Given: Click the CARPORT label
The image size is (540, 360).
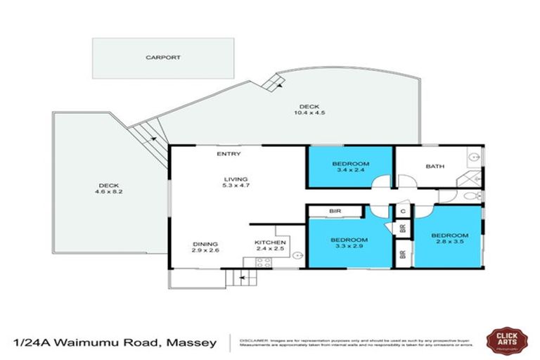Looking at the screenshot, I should click(163, 58).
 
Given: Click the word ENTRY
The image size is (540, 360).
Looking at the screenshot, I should click(229, 154).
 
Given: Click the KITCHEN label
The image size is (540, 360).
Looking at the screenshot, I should click(270, 243).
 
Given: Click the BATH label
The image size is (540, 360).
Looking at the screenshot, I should click(435, 167).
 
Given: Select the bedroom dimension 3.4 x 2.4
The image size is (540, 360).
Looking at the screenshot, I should click(349, 170).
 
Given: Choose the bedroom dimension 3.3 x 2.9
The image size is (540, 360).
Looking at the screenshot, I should click(349, 247).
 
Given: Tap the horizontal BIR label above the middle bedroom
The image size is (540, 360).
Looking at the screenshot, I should click(335, 211).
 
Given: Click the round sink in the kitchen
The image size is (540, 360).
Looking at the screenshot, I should click(297, 255).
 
